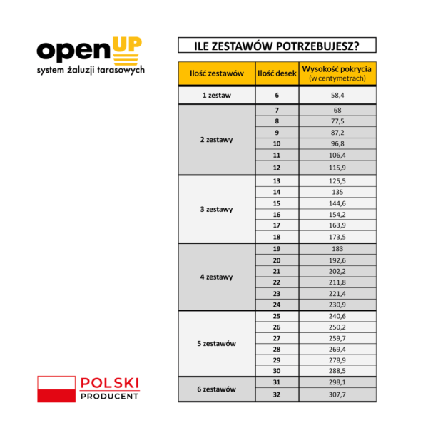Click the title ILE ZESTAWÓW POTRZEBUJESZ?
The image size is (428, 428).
(x=277, y=46)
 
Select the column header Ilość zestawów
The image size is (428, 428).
(x=217, y=73)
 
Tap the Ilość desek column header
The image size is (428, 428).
(x=276, y=73)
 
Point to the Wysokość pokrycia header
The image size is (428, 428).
(x=337, y=73)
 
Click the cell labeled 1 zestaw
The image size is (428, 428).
(x=217, y=95)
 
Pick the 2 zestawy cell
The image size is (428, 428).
(x=217, y=139)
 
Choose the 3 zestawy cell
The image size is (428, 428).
(x=217, y=210)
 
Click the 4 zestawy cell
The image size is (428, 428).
(x=217, y=277)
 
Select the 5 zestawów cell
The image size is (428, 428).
(x=217, y=344)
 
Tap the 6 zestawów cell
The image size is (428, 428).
(x=217, y=389)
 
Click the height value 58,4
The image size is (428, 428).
(x=337, y=95)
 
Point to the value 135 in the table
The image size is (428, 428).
(x=337, y=192)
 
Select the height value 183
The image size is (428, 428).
(x=337, y=248)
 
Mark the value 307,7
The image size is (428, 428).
(x=337, y=395)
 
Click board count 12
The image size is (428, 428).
(x=276, y=167)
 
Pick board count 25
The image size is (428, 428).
(x=276, y=315)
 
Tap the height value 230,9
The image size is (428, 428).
(x=337, y=305)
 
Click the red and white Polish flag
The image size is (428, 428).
(x=56, y=389)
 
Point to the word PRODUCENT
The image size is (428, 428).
(x=110, y=395)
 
